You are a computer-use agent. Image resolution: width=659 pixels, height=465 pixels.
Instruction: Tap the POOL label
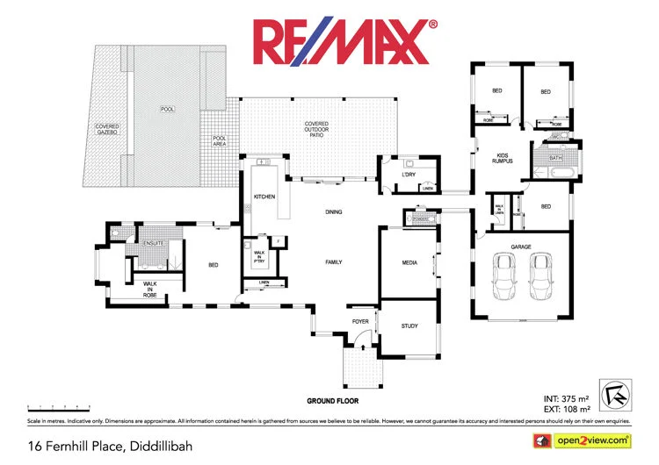[167, 110]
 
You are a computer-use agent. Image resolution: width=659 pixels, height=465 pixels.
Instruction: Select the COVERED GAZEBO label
[107, 130]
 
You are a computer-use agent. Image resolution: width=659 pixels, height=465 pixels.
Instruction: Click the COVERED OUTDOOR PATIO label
[316, 127]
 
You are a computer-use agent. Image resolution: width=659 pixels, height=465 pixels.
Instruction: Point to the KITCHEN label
[264, 197]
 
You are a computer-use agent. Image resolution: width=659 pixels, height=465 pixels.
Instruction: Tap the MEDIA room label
[409, 261]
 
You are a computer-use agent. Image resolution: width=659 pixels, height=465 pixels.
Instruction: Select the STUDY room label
[409, 326]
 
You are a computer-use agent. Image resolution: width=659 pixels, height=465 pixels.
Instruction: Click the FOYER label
[360, 322]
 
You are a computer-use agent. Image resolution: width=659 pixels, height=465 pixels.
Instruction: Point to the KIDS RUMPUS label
[502, 158]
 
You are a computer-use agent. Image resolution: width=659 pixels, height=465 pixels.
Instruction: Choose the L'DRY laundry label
[408, 174]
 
